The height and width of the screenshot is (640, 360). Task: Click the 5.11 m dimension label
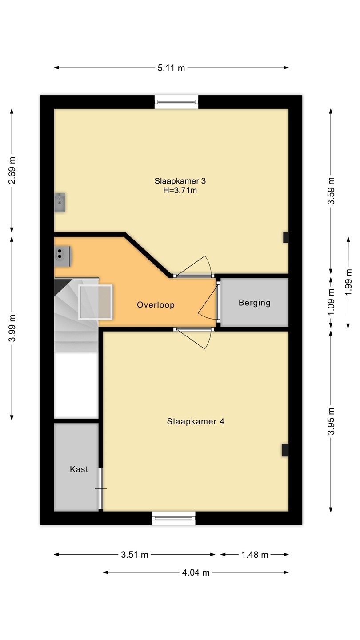171,68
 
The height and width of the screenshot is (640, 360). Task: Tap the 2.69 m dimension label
12,170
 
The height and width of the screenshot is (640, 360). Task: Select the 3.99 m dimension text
12,328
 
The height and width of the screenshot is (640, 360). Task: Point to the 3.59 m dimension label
331,191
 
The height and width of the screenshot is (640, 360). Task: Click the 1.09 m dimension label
331,302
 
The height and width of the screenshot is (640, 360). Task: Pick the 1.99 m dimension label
348,282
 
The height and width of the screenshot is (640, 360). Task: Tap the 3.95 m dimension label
331,421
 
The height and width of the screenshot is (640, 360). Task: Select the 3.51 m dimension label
135,555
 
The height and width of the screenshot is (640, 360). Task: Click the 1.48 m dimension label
255,555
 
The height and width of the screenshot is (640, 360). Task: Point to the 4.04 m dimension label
196,572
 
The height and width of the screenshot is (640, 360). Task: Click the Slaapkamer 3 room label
180,181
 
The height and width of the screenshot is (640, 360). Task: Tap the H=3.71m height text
180,190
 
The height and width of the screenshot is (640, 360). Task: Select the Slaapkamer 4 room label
196,421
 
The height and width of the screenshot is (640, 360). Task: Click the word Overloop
156,305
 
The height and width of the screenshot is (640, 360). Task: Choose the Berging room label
255,303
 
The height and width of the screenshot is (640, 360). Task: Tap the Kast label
79,469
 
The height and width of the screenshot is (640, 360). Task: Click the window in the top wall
176,102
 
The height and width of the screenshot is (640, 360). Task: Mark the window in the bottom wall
173,518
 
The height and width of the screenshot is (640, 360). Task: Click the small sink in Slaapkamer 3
60,202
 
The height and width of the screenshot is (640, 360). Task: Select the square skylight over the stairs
95,302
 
